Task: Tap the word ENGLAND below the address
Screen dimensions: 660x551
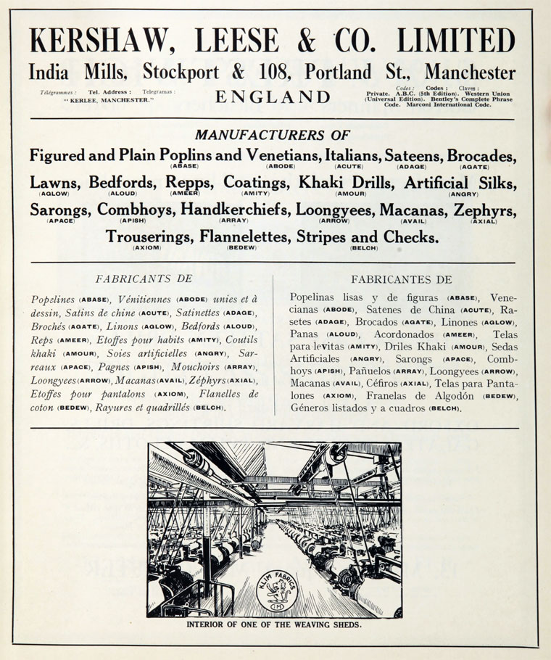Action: tap(273, 97)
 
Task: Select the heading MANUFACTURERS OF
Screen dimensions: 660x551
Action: tap(273, 135)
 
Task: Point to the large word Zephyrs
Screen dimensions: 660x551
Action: tap(485, 210)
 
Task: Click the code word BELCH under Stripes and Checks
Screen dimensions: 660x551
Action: tap(364, 248)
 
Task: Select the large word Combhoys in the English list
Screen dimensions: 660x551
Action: tap(136, 210)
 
